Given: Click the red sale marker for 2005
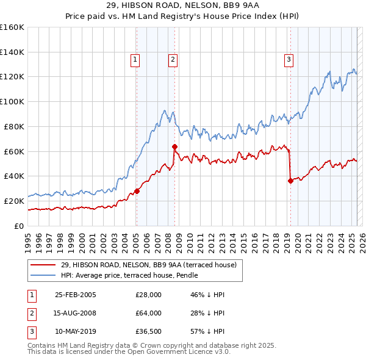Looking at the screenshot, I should point(137,191).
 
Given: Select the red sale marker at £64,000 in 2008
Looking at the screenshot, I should point(174,146).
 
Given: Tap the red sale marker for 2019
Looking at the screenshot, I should point(290,180).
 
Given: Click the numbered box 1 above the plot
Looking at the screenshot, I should point(134,59).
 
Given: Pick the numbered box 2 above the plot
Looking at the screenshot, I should point(173,59).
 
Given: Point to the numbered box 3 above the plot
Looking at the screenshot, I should point(288,59).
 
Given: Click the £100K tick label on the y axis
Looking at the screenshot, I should point(12,102).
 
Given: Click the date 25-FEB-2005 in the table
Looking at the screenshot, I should point(76,295).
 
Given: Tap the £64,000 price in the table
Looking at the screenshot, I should point(148,313).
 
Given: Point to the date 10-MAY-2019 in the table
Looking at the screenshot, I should point(76,331).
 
